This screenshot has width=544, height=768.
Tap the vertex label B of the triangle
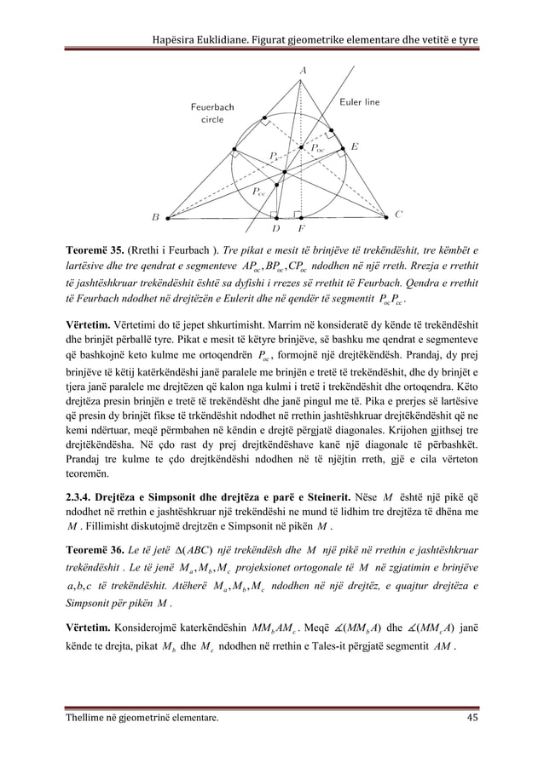pyautogui.click(x=155, y=218)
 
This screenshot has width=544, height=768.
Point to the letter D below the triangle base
pyautogui.click(x=275, y=228)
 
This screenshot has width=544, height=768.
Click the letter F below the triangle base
pyautogui.click(x=299, y=228)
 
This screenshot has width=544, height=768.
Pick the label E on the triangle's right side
pyautogui.click(x=354, y=146)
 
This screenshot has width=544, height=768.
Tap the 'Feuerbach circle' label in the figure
pyautogui.click(x=207, y=114)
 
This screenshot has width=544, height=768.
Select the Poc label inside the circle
pyautogui.click(x=316, y=147)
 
